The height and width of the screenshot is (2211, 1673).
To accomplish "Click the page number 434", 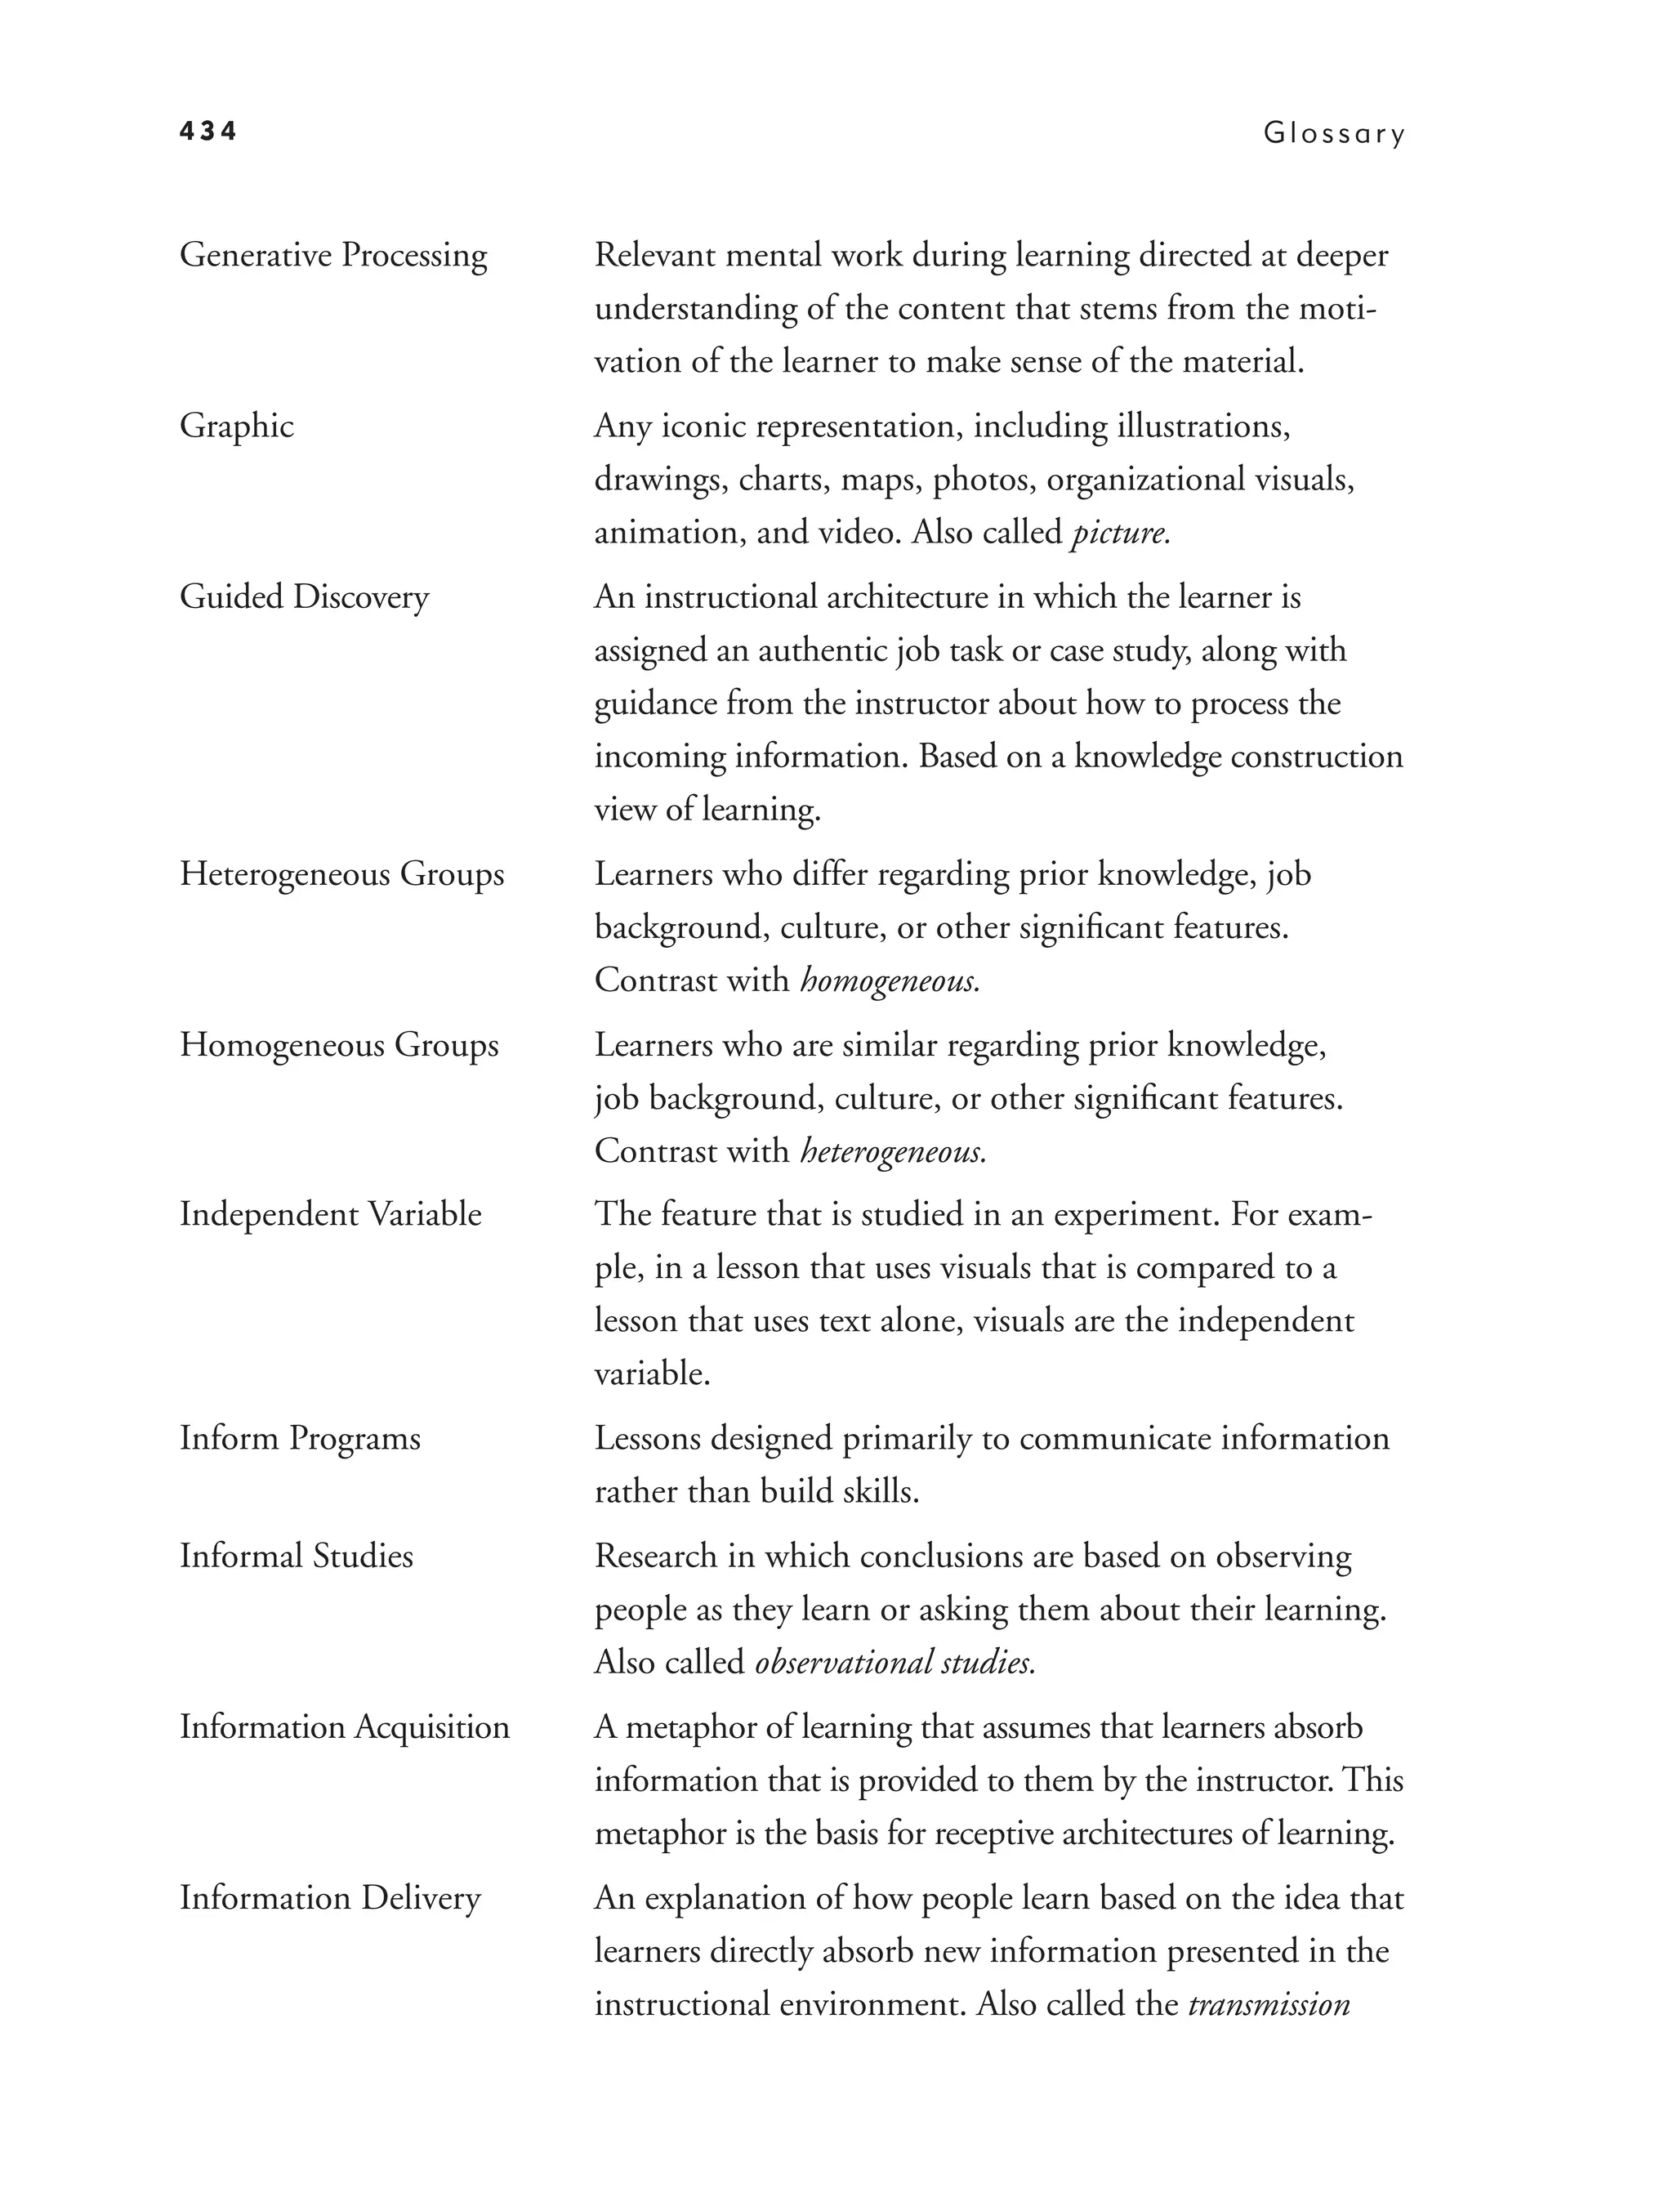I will coord(207,131).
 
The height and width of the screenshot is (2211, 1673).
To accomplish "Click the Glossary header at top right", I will coord(1333,133).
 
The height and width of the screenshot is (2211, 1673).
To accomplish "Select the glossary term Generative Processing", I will coord(332,256).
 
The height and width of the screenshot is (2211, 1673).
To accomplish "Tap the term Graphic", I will coord(237,427).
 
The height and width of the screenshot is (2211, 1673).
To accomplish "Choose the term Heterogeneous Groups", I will coord(341,874).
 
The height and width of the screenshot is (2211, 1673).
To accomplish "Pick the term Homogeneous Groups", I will coord(339,1046).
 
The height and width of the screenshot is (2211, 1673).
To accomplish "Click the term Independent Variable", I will coord(330,1214).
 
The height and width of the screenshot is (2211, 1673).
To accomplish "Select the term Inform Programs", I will coord(300,1440).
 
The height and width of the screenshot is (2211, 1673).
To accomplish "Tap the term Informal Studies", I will coord(296,1557).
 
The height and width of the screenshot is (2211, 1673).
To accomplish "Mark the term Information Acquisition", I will coord(344,1727).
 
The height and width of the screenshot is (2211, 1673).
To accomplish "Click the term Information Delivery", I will coord(330,1898).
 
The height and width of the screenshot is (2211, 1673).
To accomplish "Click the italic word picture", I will coord(1119,534).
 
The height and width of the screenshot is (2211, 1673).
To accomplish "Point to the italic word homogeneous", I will coord(889,981).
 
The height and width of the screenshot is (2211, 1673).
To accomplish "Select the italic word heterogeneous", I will coord(893,1152).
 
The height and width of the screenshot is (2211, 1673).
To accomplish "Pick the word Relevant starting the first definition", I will coord(654,256).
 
